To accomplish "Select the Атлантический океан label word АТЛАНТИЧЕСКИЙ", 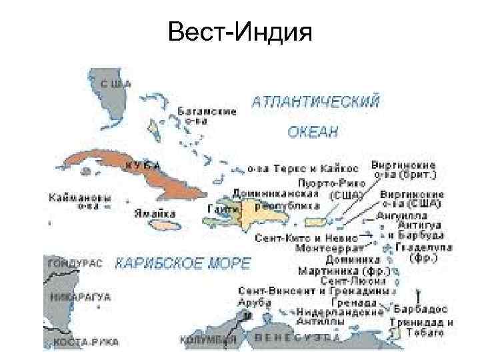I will tap(316, 102).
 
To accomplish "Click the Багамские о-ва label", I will tap(207, 115).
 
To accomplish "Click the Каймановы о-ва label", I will tap(80, 201).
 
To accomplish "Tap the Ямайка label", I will tap(154, 214).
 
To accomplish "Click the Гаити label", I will tap(219, 210).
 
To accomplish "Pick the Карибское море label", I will tap(183, 263).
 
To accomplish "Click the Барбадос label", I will tap(421, 309).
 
